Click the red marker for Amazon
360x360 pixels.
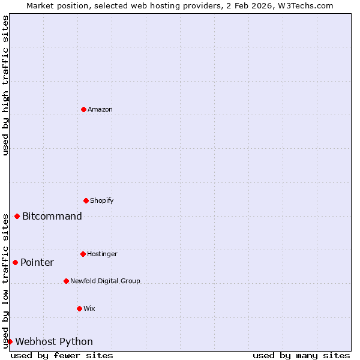[x=83, y=109]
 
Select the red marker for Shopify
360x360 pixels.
[x=86, y=200]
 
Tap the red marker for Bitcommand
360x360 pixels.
[x=17, y=216]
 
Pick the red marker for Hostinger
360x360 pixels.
[x=83, y=254]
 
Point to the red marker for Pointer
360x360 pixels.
[x=15, y=262]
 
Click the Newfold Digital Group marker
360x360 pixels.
[x=66, y=281]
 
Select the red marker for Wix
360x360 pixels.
[x=79, y=308]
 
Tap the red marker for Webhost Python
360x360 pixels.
[x=10, y=341]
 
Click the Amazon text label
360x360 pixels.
[x=100, y=109]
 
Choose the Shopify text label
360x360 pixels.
[x=102, y=200]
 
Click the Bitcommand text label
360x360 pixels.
[x=52, y=217]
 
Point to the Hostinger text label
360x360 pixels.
[x=102, y=254]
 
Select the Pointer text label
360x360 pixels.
[x=37, y=263]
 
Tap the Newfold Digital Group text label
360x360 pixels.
[x=105, y=281]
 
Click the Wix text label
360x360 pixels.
[x=89, y=308]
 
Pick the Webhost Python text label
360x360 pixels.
[x=54, y=342]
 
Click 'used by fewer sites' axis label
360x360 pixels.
[x=62, y=355]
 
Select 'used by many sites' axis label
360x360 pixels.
[x=301, y=355]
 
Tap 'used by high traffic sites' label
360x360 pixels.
[x=5, y=85]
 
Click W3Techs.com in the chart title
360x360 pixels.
[x=305, y=5]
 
